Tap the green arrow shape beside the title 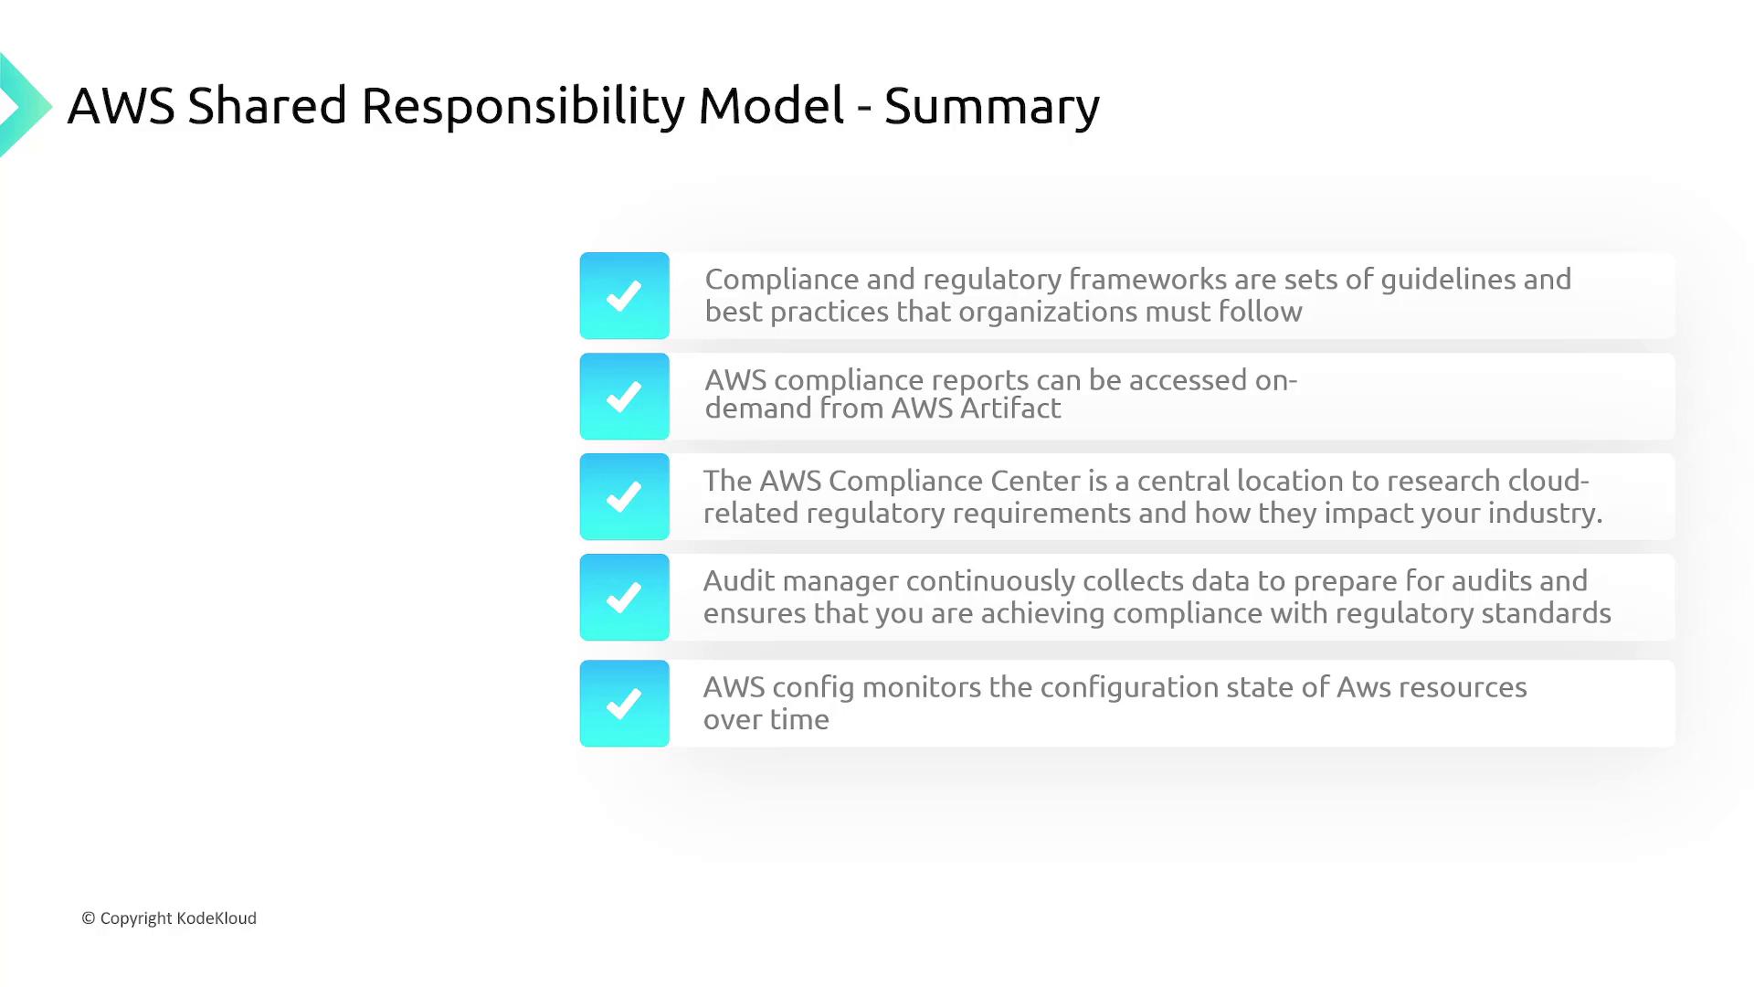point(25,105)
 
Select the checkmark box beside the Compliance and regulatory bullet point(624,295)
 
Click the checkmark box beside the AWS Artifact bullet point(624,396)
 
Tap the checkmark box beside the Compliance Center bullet point(624,496)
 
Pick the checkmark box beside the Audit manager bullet point(624,597)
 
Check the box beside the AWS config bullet point(624,703)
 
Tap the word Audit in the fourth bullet point(739,580)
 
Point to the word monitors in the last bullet point(921,687)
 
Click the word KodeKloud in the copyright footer point(217,918)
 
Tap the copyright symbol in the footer point(89,918)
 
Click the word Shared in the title point(268,106)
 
